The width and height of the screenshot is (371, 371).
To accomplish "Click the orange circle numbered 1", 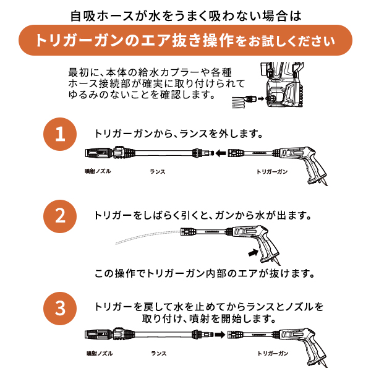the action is tap(60, 134).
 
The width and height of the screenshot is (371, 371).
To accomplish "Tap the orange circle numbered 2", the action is tap(60, 216).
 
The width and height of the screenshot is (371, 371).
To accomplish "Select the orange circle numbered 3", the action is tap(60, 309).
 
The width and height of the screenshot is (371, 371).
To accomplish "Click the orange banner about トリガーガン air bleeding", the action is tap(185, 40).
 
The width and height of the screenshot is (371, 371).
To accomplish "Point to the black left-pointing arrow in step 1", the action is tap(221, 153).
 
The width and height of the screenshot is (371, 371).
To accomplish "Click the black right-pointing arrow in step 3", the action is tap(220, 335).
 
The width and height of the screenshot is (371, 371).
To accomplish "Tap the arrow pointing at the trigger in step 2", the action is tap(253, 252).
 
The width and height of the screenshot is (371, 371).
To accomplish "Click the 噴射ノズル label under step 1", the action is tap(98, 171).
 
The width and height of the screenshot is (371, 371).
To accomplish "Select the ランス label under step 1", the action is tap(157, 171).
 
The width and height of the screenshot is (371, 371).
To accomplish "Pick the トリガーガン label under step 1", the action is tap(272, 171).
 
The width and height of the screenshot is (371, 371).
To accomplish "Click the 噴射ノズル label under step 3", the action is tap(100, 354).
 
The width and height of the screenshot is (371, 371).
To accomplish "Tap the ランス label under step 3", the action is tap(159, 354).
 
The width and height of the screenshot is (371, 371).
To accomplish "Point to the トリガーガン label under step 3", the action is tap(273, 354).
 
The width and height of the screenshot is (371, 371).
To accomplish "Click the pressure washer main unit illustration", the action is tap(282, 85).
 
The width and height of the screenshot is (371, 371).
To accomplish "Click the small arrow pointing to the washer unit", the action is tap(261, 98).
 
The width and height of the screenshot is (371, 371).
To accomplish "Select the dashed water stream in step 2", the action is tap(148, 237).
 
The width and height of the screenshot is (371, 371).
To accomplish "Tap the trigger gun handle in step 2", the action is tap(270, 251).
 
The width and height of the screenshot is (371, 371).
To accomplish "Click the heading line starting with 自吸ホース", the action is tap(185, 16).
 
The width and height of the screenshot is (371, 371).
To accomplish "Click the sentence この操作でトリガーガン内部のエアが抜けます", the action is tap(205, 274).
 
